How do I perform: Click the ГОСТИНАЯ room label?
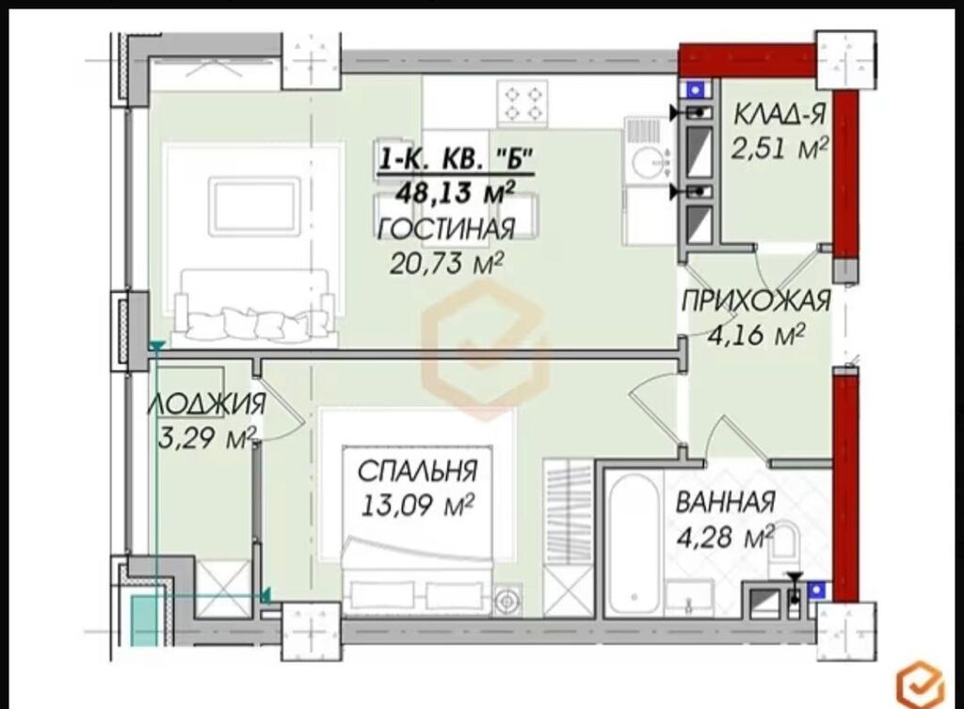(x=445, y=229)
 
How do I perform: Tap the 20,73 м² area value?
(x=447, y=264)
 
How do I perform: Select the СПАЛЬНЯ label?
(x=417, y=472)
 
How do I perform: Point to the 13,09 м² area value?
(x=417, y=506)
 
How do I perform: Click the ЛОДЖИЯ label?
(x=206, y=404)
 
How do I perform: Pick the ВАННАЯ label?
(x=726, y=503)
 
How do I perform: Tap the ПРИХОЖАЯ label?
(x=756, y=301)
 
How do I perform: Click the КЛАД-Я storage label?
(x=779, y=115)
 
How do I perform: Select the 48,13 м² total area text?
(x=455, y=192)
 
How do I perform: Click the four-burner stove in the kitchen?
(x=522, y=104)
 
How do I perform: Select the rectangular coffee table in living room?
(x=254, y=206)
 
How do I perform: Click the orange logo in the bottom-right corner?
(x=920, y=684)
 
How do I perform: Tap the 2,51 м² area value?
(x=779, y=148)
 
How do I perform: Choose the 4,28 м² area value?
(x=726, y=536)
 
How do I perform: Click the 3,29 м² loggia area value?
(x=206, y=438)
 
